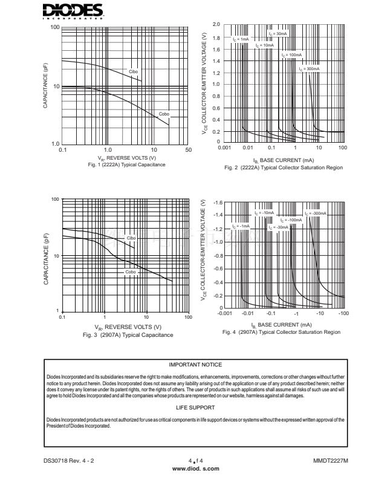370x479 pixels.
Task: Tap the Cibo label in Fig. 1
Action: coord(133,72)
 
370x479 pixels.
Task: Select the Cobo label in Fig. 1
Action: coord(164,114)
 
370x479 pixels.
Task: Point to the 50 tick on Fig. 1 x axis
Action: coord(189,149)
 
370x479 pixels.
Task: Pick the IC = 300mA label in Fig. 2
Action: coord(309,69)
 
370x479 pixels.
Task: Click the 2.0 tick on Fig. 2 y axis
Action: coord(216,24)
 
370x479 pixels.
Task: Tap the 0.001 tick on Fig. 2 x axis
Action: coord(224,148)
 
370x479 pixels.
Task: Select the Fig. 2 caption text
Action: coord(284,167)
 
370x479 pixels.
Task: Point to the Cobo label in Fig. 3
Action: coord(131,272)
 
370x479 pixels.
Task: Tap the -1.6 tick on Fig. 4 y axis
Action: coord(217,202)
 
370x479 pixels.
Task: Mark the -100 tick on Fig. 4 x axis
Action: coord(343,314)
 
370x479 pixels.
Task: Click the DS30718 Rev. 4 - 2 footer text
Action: coord(69,461)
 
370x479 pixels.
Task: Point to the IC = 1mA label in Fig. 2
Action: coord(240,39)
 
